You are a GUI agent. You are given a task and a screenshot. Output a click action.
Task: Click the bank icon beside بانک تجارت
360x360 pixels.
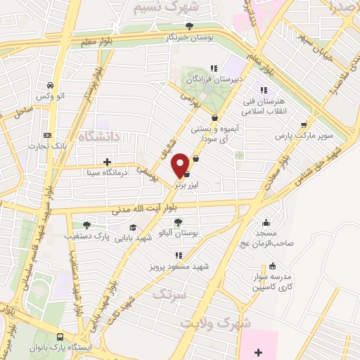coord(47,135)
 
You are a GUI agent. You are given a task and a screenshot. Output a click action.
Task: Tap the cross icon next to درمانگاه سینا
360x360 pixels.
coord(107,161)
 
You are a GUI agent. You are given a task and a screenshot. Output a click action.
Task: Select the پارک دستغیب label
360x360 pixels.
coord(94,236)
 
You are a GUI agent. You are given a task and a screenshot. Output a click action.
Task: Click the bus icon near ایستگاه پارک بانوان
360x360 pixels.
coord(60,337)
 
